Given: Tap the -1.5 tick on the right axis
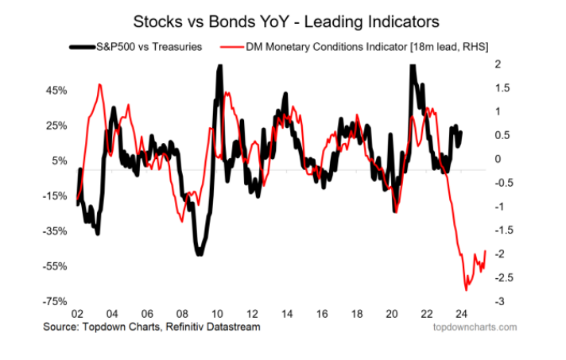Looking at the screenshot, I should (x=501, y=230).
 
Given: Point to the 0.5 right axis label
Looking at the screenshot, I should (x=499, y=135).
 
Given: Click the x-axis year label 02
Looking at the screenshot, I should (x=76, y=313).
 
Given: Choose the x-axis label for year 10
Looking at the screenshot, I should (x=217, y=313).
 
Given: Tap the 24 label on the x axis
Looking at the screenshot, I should (x=462, y=313).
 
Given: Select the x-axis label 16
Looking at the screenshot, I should (x=322, y=313).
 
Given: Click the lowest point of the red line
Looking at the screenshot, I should (x=466, y=290).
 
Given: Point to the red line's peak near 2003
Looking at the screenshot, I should (x=99, y=84).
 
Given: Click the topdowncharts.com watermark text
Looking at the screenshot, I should (x=474, y=327).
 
